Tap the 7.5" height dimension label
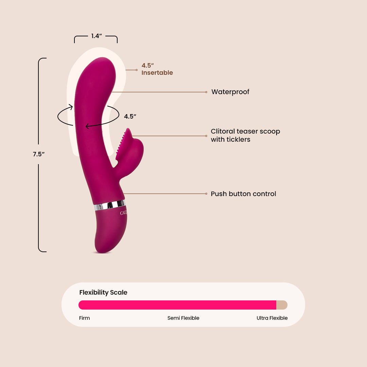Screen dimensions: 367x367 pos(39,154)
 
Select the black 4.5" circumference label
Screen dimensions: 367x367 pos(130,116)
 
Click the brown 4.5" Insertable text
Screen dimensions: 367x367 pos(157,69)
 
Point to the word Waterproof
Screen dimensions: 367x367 pos(230,92)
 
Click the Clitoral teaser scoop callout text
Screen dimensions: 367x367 pos(245,135)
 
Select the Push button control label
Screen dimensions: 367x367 pos(243,194)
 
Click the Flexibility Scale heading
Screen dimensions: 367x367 pos(103,293)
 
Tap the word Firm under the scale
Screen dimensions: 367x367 pos(85,318)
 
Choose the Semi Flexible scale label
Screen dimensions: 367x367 pos(183,318)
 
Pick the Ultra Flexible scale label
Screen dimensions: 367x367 pos(272,318)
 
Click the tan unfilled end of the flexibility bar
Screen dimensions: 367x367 pos(282,305)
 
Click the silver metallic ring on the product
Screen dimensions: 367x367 pos(110,205)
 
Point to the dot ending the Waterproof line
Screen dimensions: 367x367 pos(206,92)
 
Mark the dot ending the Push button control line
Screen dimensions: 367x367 pos(206,194)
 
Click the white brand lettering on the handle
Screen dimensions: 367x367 pos(123,213)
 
